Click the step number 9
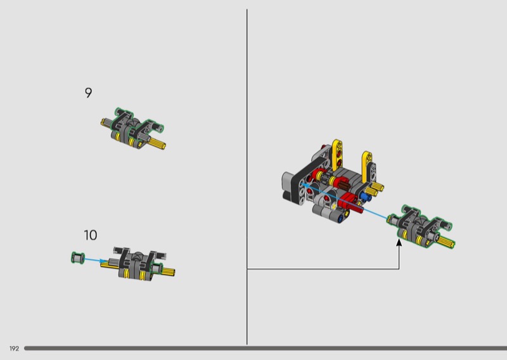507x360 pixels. coord(88,93)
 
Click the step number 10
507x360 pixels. coord(91,235)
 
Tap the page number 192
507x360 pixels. coord(14,349)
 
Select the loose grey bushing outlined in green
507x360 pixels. coord(77,258)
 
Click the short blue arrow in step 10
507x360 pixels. coord(96,260)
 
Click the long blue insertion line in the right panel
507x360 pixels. coord(344,201)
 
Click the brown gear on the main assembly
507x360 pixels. coord(343,186)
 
